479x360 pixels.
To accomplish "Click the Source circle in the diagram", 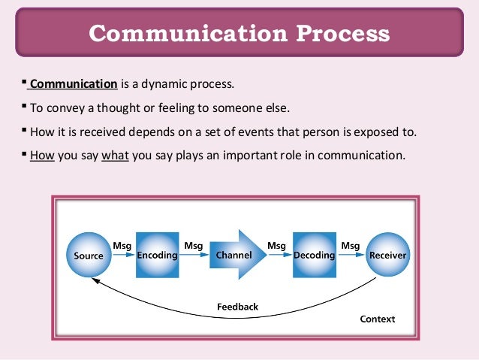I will point(89,255).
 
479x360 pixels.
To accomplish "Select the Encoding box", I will point(157,255).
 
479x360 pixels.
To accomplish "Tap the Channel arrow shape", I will point(235,255).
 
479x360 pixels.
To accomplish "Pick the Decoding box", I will point(314,255).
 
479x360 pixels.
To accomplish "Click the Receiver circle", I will point(387,255).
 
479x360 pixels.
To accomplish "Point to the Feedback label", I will point(237,307).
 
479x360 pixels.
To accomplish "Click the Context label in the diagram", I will point(377,319).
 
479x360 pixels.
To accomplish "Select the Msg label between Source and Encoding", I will point(122,245).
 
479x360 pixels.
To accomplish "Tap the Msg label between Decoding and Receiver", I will point(351,245).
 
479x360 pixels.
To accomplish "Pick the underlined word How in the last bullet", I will point(40,156).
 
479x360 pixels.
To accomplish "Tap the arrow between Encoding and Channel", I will point(194,256).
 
